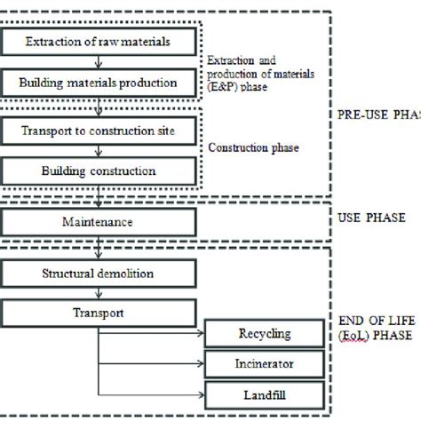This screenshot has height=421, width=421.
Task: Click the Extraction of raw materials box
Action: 97,42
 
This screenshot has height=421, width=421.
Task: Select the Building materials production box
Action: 97,83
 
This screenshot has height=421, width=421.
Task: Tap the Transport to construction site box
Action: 97,130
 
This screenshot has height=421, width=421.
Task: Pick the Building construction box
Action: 97,171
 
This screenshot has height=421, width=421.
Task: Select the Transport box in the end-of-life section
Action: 97,313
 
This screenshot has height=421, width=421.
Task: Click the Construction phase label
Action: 252,147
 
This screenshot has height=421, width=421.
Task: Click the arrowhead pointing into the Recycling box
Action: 202,334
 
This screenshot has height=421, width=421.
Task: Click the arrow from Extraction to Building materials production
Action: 97,62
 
